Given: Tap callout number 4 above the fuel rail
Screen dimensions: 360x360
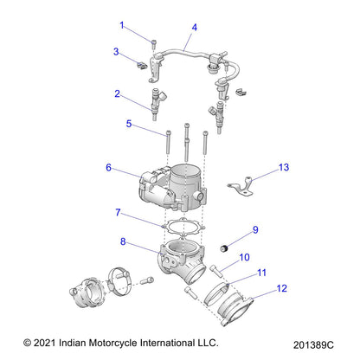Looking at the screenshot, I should pos(194,28).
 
